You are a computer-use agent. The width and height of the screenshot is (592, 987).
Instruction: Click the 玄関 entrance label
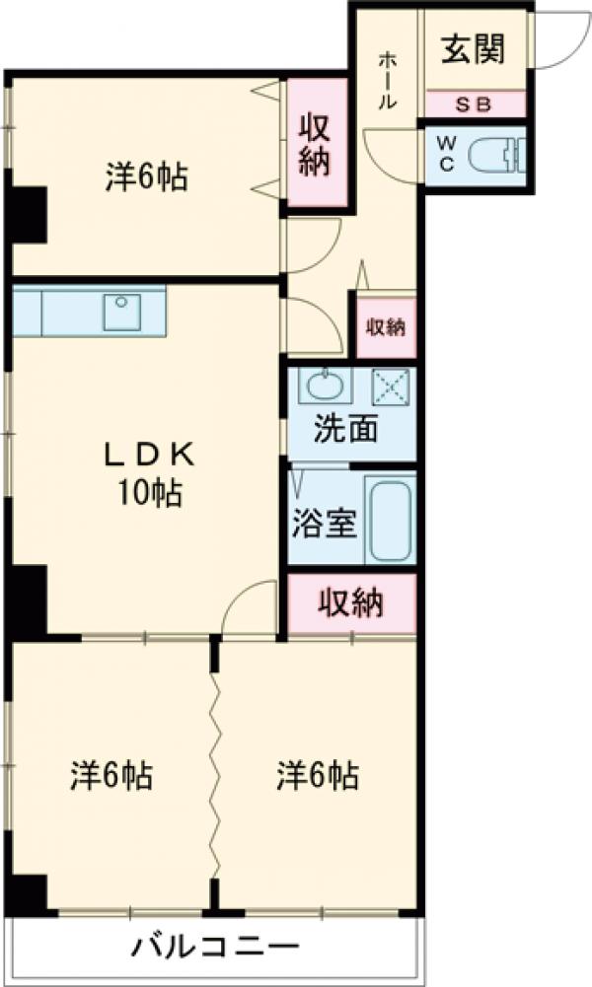473,49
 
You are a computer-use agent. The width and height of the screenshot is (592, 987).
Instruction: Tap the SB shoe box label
475,104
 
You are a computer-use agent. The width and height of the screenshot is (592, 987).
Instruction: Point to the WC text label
446,154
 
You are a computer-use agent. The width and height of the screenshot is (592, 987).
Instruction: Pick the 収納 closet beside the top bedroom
316,144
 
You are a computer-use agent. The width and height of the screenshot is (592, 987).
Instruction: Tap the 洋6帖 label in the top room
147,177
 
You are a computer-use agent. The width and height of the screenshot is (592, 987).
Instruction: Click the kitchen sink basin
123,313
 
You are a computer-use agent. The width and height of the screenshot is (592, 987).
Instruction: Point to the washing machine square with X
390,386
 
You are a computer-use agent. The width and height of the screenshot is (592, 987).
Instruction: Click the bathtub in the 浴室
390,520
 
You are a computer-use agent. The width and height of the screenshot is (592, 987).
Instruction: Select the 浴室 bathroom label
323,524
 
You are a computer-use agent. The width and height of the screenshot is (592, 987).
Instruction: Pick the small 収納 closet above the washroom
386,327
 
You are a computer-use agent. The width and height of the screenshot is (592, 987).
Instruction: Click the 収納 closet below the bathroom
351,603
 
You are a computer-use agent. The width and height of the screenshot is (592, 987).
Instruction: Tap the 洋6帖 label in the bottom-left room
111,776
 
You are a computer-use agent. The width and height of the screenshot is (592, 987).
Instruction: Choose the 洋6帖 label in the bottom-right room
317,776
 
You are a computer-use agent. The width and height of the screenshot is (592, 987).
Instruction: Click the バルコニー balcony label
215,949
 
